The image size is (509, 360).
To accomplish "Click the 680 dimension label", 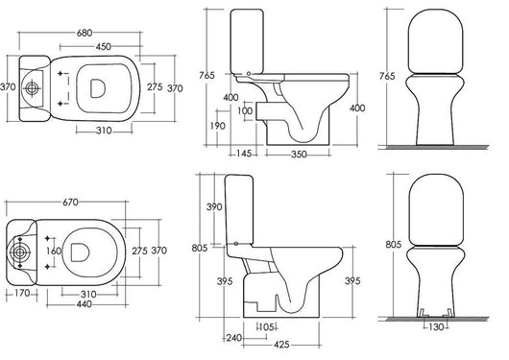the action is click(85, 33).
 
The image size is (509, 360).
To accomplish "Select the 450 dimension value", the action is click(104, 47).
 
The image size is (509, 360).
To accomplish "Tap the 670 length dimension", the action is click(70, 203).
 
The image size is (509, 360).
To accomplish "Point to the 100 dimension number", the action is click(245, 111).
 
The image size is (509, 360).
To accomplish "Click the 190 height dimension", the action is click(217, 126).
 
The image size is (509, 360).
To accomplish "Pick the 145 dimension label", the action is click(244, 154).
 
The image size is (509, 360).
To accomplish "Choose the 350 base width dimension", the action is click(299, 155).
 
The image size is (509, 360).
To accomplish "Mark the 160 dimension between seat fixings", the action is click(54, 251).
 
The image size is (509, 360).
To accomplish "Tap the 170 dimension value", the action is click(22, 293).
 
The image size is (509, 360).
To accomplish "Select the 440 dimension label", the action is click(85, 304).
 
